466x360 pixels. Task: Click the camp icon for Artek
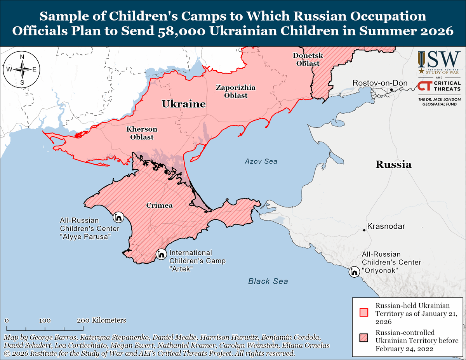click(x=161, y=254)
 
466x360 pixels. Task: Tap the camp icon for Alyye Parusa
click(x=118, y=217)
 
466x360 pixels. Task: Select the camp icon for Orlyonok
click(x=354, y=272)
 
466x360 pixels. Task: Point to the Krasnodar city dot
click(x=364, y=230)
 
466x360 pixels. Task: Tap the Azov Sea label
click(x=261, y=161)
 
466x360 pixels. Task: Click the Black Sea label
click(x=268, y=281)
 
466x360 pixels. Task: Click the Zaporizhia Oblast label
click(x=236, y=91)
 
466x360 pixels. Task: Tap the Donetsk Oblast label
click(x=306, y=59)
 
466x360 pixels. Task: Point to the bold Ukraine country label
click(x=183, y=104)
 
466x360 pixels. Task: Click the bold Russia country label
click(x=393, y=164)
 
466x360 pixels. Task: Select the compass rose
click(x=22, y=70)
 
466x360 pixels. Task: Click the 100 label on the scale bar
click(x=45, y=320)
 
